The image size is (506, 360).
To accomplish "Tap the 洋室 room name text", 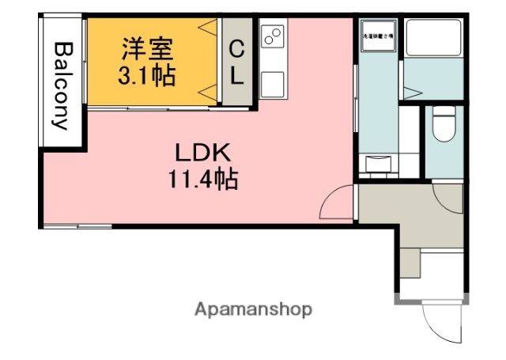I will click(145, 50).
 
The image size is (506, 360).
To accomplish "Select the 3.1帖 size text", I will click(146, 77).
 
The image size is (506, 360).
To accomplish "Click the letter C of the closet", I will click(236, 50).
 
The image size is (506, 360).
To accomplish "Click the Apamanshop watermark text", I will click(253, 309).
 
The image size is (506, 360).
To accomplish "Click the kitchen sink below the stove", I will click(273, 81).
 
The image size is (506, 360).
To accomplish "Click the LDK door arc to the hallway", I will click(338, 203).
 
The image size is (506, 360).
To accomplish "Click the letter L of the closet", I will click(236, 78).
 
